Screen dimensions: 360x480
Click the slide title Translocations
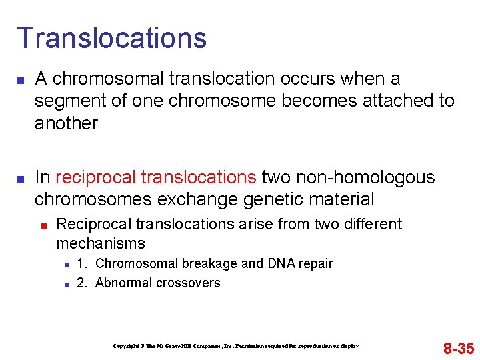[x=111, y=38]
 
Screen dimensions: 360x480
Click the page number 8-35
[x=458, y=348]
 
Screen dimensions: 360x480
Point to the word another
[x=66, y=123]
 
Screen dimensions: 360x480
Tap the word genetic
[x=270, y=199]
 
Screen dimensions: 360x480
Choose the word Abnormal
[x=124, y=283]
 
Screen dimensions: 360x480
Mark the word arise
[x=253, y=224]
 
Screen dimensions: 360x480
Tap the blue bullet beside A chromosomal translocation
[x=20, y=80]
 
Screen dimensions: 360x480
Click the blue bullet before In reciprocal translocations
[x=20, y=179]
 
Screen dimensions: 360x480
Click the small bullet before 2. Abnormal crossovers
[x=67, y=284]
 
